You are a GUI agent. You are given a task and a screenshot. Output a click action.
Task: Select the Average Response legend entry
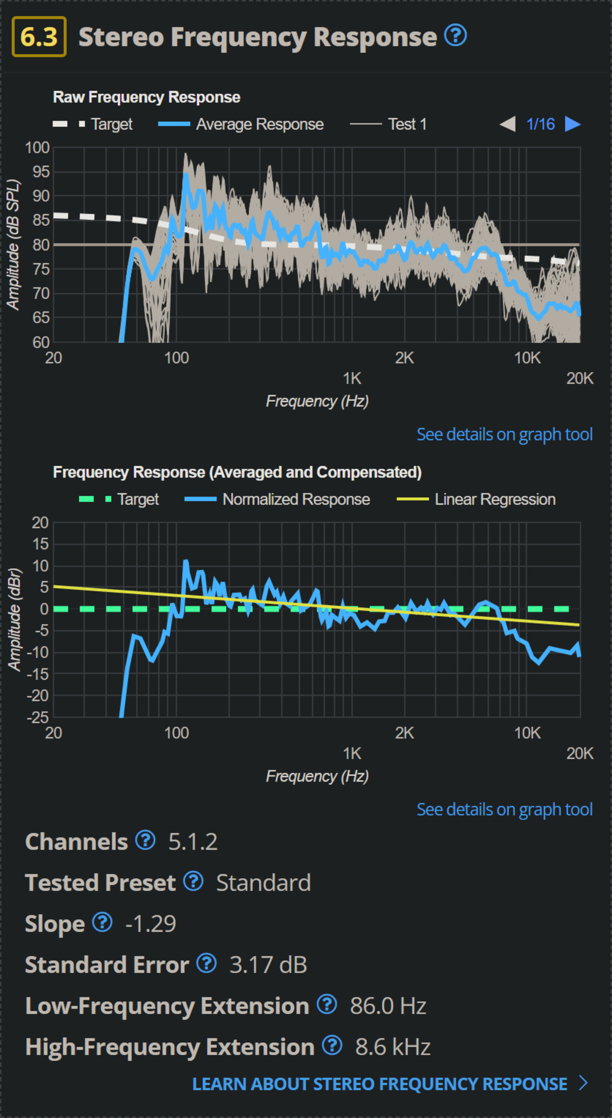click(x=241, y=125)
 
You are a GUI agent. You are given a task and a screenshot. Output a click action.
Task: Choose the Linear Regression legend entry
click(x=476, y=500)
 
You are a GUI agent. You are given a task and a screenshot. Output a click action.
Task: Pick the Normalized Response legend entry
click(x=278, y=500)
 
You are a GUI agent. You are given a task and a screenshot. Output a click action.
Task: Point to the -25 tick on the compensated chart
click(x=38, y=717)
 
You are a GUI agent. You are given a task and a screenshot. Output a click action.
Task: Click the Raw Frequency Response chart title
click(x=147, y=97)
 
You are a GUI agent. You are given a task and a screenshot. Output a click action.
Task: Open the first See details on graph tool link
click(x=504, y=435)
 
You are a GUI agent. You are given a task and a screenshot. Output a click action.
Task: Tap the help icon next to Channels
click(x=145, y=840)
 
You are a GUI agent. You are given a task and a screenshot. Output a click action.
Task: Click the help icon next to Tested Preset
click(x=193, y=881)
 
